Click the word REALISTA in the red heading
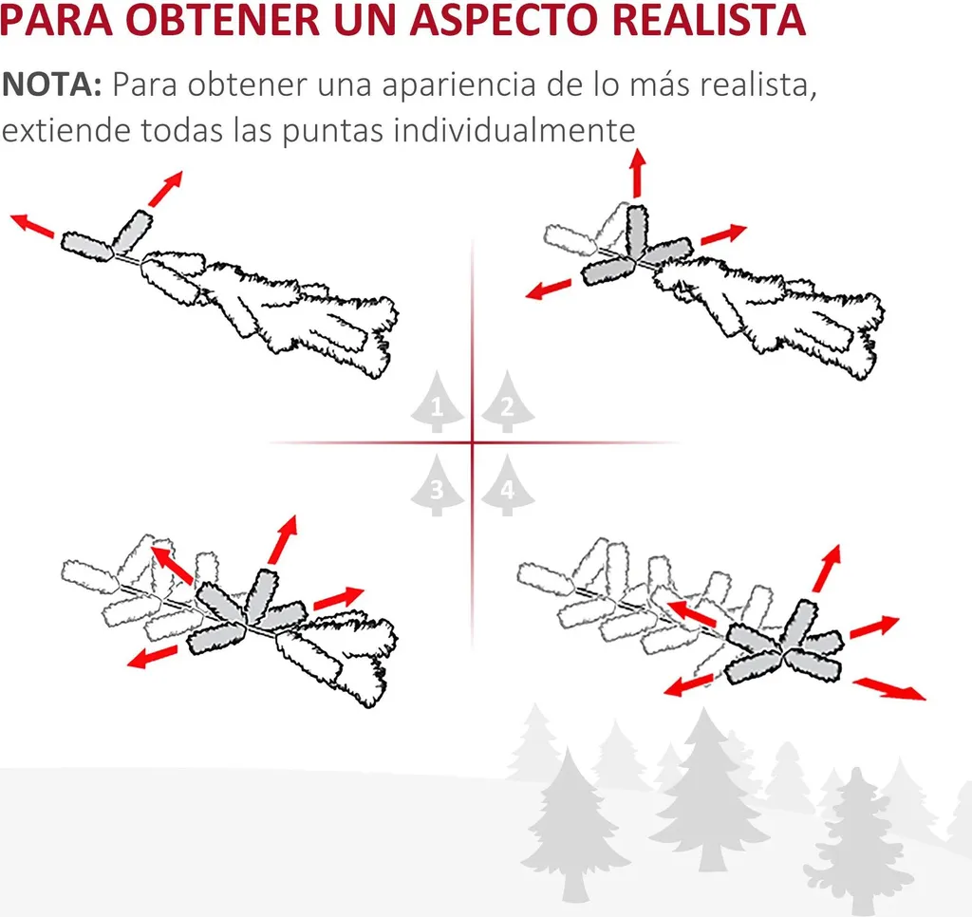coord(708,19)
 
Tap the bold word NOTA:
coord(51,84)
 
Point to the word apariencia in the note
coord(458,85)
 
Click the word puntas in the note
coord(333,132)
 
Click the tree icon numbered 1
coord(437,402)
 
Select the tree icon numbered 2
coord(508,402)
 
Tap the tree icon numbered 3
coord(437,485)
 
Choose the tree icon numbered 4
coord(508,485)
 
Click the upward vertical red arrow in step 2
coord(637,173)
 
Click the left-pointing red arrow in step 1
coord(32,225)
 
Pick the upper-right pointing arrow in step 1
coord(165,189)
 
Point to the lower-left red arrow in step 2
coord(548,289)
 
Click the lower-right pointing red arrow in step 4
coord(889,689)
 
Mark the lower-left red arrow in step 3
coord(153,656)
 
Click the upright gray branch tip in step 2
coord(637,230)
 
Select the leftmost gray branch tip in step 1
coord(86,246)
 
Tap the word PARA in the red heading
coord(56,19)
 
